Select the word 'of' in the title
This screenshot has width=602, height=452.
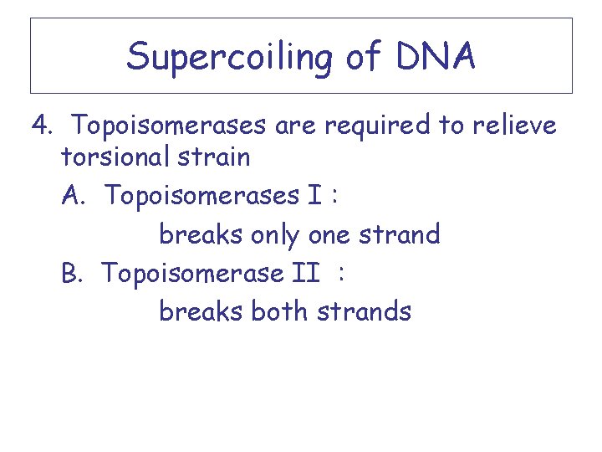click(350, 56)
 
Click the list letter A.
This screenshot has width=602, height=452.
click(73, 196)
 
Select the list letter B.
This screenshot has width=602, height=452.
click(72, 273)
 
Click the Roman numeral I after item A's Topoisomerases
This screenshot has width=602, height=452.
click(315, 196)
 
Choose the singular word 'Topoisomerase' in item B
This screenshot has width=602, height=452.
click(193, 273)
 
